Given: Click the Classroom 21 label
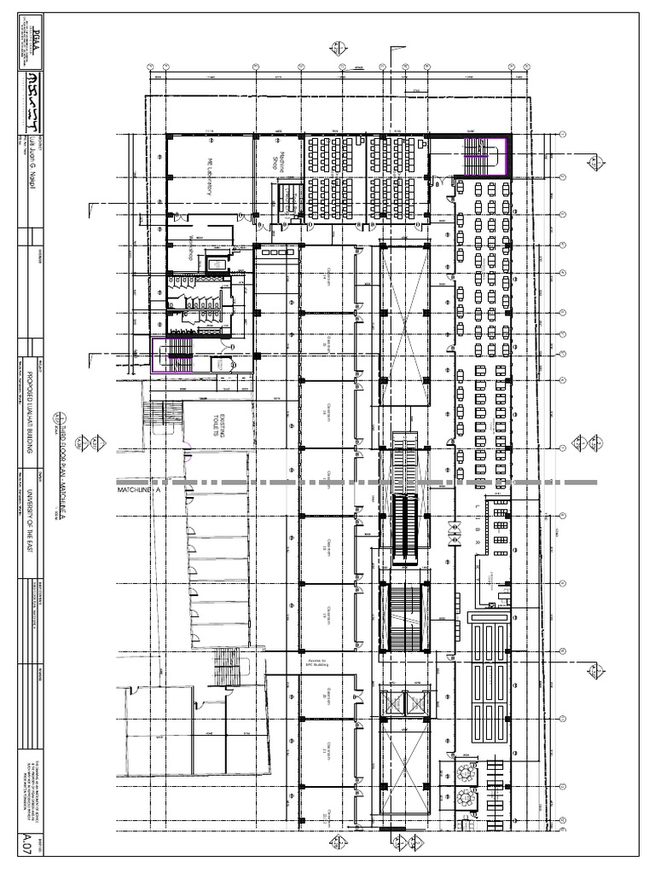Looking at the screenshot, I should coord(327,750).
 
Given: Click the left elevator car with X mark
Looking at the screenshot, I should coord(394,703).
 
